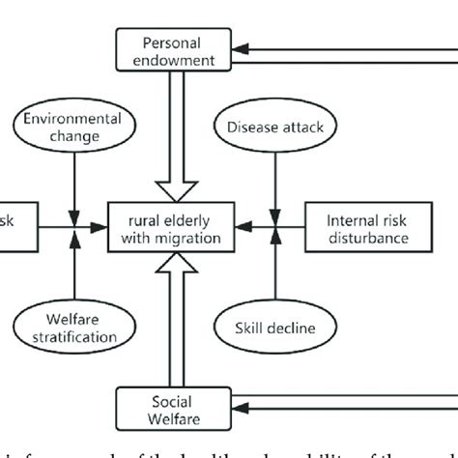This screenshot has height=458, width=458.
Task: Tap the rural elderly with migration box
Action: tap(170, 228)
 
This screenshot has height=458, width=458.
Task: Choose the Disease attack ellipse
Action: tap(275, 127)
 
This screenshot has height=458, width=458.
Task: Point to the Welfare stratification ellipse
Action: tap(73, 329)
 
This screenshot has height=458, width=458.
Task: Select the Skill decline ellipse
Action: tap(275, 329)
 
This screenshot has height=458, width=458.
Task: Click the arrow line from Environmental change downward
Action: tap(73, 184)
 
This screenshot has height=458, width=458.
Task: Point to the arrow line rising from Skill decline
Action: tap(276, 275)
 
